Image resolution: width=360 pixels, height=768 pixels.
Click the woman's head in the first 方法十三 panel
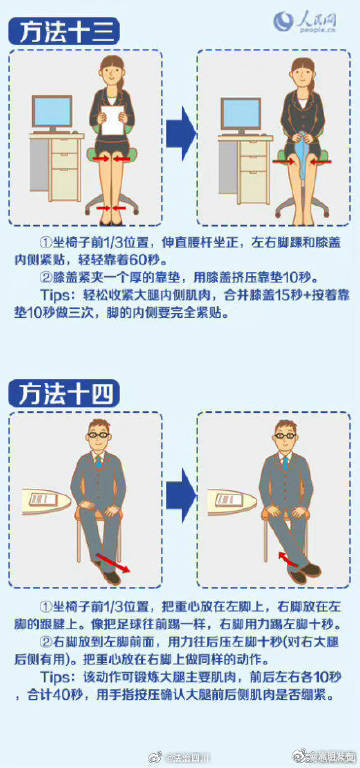pos(114,72)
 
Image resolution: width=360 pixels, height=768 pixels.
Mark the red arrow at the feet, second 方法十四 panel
pos(292,557)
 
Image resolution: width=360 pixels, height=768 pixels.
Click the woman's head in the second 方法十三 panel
pos(300,72)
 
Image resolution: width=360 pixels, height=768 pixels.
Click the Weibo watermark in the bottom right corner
pos(321,755)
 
